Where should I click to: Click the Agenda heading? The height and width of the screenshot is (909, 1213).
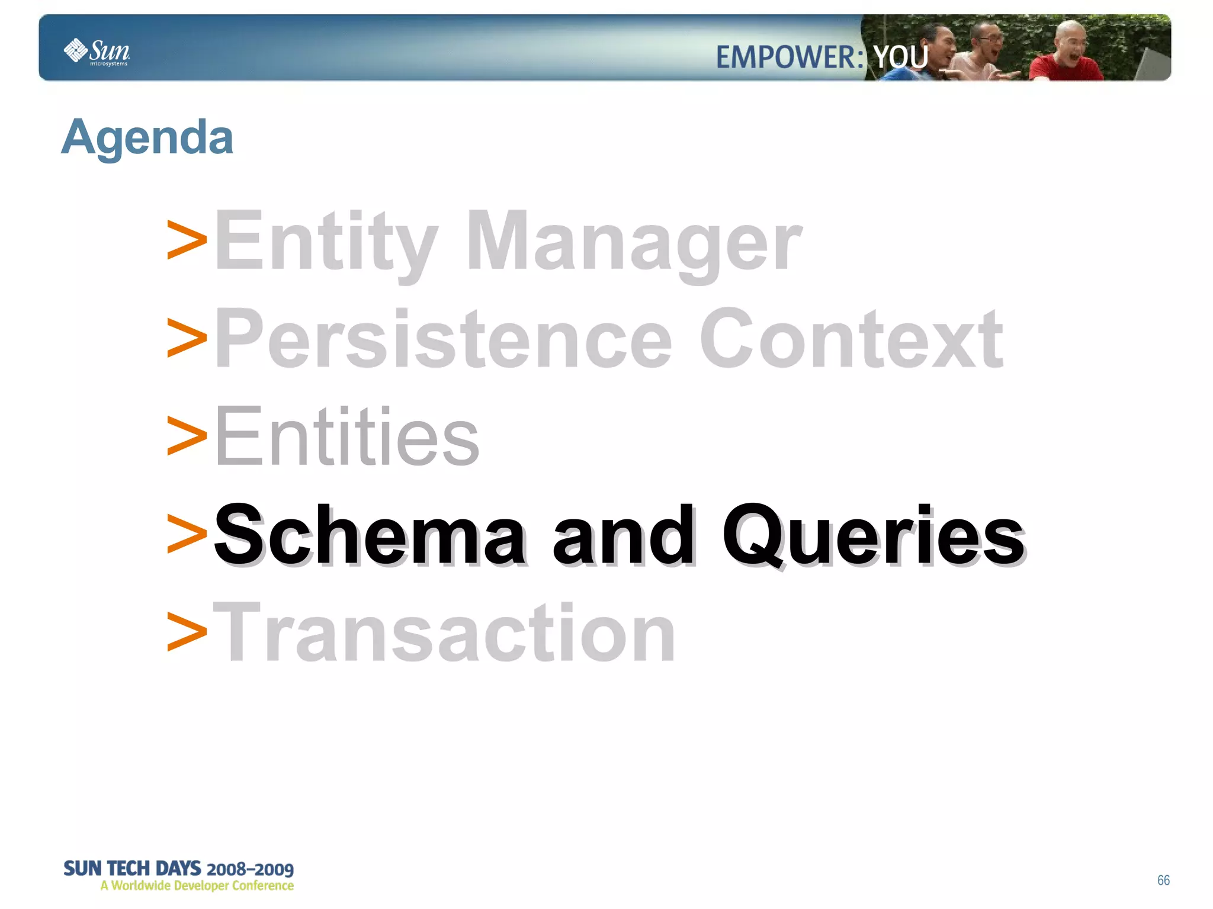click(x=147, y=137)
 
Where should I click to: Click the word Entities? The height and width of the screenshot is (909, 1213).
click(x=346, y=436)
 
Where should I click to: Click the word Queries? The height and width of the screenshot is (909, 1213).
click(x=873, y=534)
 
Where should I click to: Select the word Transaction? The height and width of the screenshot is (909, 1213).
click(x=444, y=632)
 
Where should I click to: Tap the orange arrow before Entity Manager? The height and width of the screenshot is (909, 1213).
click(x=187, y=240)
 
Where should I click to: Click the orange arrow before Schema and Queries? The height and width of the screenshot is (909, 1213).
click(x=187, y=534)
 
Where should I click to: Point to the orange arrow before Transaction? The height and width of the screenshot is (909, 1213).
click(x=187, y=631)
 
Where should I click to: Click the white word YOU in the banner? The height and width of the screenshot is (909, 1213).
click(x=900, y=57)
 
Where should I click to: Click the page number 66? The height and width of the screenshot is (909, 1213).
click(x=1163, y=880)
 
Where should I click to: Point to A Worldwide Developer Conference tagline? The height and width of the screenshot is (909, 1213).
click(x=197, y=886)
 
